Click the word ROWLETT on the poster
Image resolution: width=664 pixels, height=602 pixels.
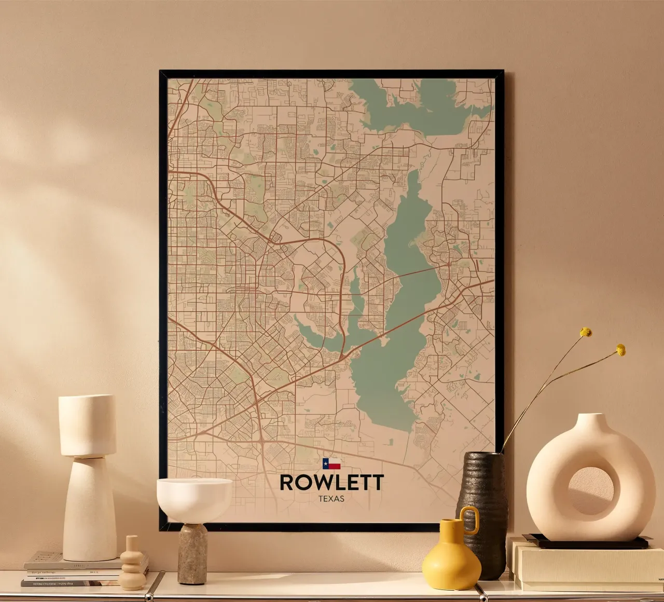pos(331,483)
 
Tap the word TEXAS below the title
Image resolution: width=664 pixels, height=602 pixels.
pos(331,499)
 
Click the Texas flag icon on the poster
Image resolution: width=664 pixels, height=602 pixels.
pos(331,463)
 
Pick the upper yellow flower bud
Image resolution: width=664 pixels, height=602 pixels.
pos(586,332)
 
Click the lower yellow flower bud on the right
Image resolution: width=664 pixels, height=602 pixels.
pos(620,350)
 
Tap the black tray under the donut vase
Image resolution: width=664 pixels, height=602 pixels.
pos(586,543)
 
